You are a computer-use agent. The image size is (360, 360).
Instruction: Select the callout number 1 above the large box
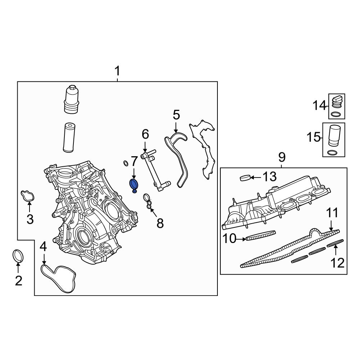(117, 72)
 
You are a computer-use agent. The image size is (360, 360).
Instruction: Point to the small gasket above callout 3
(29, 195)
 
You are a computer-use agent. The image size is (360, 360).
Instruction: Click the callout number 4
(43, 247)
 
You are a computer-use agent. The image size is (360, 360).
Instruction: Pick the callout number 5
(176, 115)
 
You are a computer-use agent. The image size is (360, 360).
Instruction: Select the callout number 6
(145, 134)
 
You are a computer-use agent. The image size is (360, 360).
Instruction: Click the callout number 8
(160, 223)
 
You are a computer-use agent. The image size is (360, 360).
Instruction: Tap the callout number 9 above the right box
(282, 157)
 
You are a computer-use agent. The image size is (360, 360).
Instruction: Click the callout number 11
(332, 213)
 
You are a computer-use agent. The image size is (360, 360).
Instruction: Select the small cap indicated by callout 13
(245, 177)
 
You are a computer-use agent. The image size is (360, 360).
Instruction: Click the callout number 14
(319, 106)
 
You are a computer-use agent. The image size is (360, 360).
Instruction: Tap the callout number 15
(314, 137)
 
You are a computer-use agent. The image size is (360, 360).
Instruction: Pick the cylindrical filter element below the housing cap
(68, 138)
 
